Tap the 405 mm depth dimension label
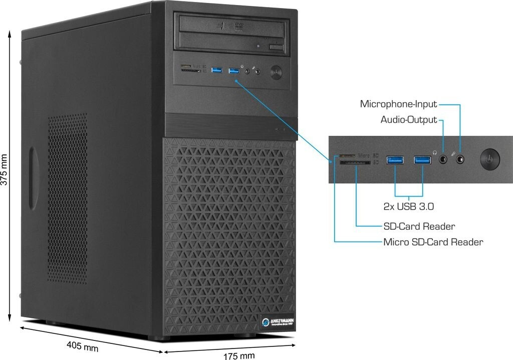point(82,346)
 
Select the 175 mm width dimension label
point(238,355)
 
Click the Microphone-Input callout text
point(398,104)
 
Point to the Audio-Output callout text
point(408,120)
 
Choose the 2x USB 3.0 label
point(408,206)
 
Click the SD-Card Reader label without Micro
point(419,226)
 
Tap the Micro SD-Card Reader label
point(433,242)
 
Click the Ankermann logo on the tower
point(278,321)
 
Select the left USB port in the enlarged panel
point(395,160)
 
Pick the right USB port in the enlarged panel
point(422,160)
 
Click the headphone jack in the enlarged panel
point(443,160)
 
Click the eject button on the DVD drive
point(276,47)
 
